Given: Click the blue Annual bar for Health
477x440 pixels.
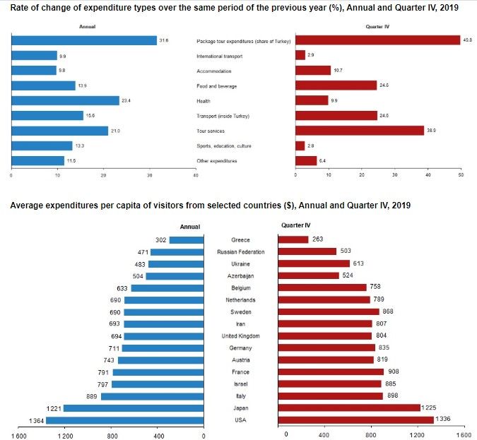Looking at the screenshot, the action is tap(65, 101).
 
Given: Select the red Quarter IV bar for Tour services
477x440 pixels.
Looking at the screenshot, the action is tap(360, 131).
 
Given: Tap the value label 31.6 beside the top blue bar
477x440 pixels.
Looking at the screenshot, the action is tap(164, 40).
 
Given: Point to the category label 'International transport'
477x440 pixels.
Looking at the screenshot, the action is tap(219, 56).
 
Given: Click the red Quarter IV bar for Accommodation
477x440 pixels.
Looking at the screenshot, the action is tap(313, 70).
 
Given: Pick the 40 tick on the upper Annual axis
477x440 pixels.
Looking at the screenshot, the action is tap(196, 175).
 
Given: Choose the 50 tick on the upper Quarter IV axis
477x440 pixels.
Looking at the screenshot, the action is tap(461, 175).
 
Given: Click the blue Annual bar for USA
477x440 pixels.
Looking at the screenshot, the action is tap(124, 420).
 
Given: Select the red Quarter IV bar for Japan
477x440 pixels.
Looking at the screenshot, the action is tap(349, 408).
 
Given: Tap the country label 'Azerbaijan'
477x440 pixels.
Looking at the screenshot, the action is tap(240, 276).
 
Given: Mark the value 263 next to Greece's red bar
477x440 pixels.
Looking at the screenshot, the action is tap(317, 239).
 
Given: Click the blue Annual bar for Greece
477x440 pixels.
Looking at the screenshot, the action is tap(187, 240).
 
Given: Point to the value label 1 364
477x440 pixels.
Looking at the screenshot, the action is tap(37, 421).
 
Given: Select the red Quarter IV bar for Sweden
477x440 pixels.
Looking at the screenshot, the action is tap(329, 311).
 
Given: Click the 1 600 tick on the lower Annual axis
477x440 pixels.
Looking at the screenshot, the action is tap(19, 436).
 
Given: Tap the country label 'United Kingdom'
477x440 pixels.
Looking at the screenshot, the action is tap(241, 336).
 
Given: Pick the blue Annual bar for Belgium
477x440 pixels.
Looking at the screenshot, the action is tap(167, 288).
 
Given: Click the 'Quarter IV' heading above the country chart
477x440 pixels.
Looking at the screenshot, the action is tap(295, 225).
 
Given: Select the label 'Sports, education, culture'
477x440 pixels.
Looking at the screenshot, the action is tap(224, 146).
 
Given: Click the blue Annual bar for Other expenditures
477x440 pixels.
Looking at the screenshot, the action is tap(37, 160).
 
